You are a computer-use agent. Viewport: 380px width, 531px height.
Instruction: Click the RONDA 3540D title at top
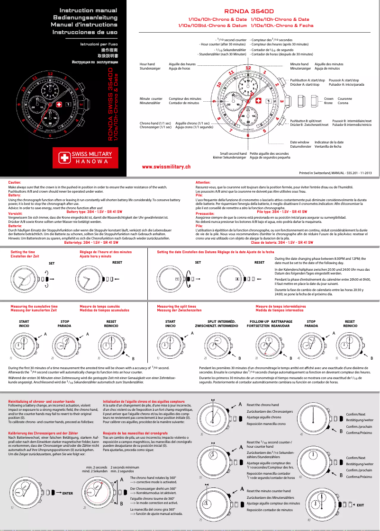[249, 9]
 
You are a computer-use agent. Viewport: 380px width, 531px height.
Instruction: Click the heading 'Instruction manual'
[88, 10]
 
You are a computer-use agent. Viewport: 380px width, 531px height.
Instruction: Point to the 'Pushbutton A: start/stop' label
[307, 80]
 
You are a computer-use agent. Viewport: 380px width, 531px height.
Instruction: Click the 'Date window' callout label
[299, 142]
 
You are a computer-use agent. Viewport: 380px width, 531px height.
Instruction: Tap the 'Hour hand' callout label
[147, 64]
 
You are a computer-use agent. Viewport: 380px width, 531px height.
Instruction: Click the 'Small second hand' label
[230, 153]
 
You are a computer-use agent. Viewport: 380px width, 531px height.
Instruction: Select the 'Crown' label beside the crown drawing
[328, 99]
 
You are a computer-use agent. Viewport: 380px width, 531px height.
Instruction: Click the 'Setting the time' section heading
[22, 252]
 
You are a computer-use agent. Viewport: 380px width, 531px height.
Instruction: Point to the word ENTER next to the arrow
[67, 493]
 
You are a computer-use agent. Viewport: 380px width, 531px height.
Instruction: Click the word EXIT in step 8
[360, 505]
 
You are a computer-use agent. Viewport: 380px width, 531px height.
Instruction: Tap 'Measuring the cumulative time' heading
[34, 307]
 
